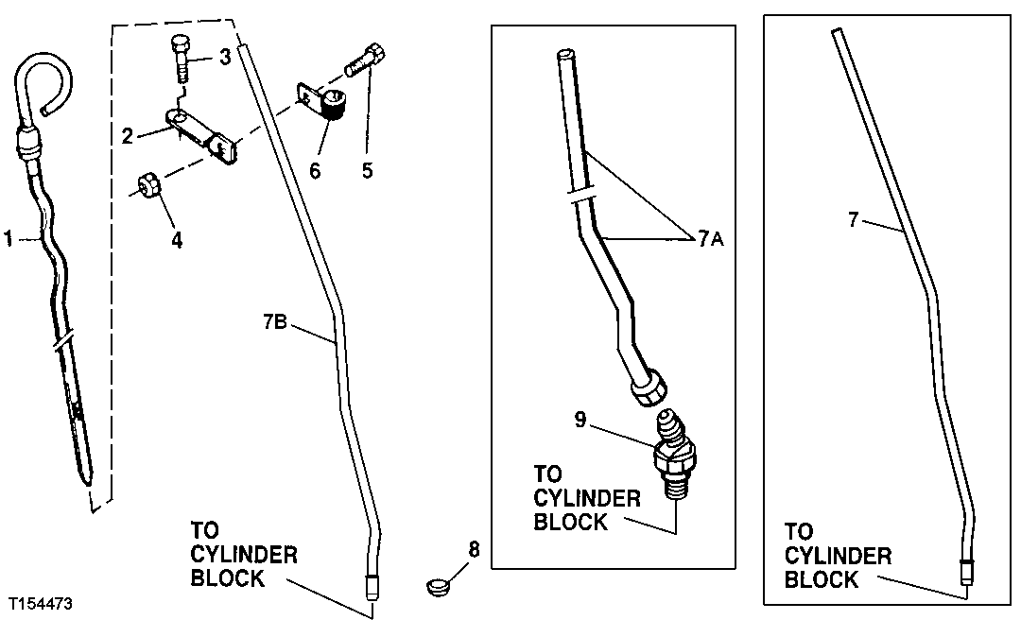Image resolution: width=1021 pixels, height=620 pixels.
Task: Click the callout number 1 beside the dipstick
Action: tap(9, 240)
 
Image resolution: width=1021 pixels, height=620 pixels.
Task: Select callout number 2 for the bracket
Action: tap(128, 135)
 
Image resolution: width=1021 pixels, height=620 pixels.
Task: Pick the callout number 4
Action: tap(177, 240)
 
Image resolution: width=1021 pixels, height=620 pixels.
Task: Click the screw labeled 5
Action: tap(364, 59)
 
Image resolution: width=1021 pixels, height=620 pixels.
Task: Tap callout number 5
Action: tap(367, 170)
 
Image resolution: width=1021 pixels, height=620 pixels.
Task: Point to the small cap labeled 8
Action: tap(436, 586)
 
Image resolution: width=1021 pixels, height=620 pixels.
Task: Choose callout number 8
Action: tap(474, 548)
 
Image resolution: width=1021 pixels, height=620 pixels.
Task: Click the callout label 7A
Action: tap(712, 238)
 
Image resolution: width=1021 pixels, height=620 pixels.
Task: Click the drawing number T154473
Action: tap(43, 603)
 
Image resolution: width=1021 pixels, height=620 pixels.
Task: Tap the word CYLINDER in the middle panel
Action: tap(587, 498)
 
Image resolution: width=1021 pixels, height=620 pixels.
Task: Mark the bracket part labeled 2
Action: tap(201, 132)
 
